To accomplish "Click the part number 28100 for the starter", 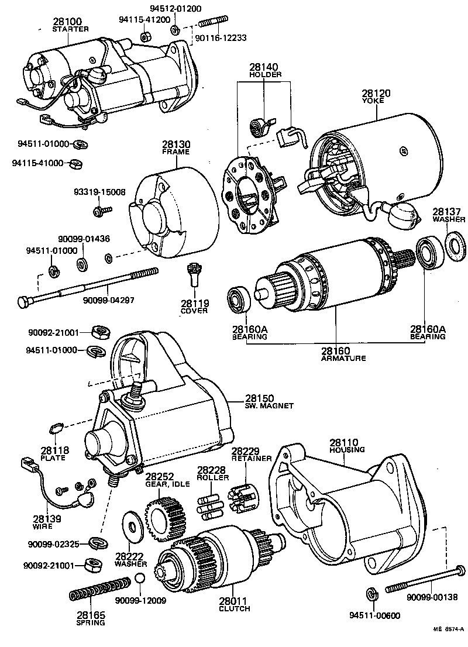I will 70,20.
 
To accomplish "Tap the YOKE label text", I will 376,101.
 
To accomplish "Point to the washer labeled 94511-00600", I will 370,594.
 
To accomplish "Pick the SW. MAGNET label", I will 269,406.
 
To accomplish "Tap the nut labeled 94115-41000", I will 75,164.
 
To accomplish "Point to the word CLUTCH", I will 235,608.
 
